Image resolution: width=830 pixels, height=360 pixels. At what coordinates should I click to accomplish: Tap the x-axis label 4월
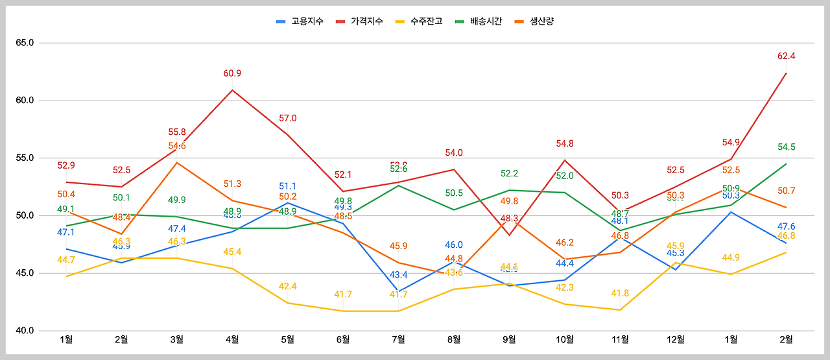pos(232,339)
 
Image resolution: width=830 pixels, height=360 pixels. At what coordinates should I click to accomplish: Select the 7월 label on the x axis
pos(398,339)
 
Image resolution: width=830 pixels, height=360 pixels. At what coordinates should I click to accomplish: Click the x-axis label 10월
pos(565,339)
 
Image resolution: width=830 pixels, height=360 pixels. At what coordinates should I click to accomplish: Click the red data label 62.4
pos(786,56)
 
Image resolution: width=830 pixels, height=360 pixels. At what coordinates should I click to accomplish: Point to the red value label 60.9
pos(232,73)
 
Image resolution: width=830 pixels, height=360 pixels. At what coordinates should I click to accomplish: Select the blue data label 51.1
pos(287,186)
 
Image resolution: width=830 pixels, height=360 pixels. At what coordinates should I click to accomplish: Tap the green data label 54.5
pos(786,147)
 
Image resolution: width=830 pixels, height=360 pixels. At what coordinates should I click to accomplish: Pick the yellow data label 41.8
pos(620,293)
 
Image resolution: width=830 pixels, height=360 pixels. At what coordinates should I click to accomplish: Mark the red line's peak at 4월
pos(232,90)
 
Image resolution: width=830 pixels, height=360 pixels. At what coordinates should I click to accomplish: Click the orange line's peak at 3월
pos(176,162)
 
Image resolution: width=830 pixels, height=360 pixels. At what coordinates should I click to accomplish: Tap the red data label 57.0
pos(287,118)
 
